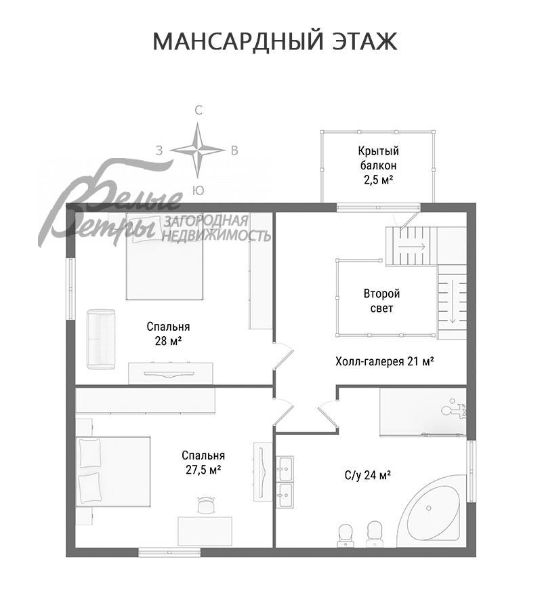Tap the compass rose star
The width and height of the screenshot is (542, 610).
pos(197,150)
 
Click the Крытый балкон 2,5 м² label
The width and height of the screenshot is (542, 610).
pos(378,165)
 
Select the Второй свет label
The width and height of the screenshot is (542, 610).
pos(381,301)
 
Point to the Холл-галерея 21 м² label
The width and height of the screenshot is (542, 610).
pos(384,361)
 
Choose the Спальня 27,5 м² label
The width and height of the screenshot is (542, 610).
pos(203,462)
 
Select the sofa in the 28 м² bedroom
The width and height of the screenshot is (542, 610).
pos(101,340)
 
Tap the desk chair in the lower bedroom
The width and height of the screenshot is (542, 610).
pos(207,505)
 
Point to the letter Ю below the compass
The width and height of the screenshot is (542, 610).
pos(198,190)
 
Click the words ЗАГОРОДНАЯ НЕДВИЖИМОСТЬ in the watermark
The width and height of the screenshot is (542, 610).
pos(216,229)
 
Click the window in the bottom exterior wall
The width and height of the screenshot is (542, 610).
pos(169,552)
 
